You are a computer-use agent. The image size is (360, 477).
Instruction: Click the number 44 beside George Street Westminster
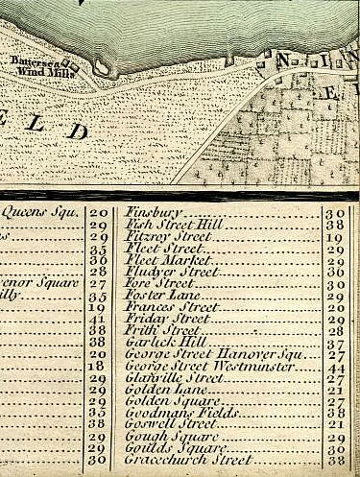(336, 368)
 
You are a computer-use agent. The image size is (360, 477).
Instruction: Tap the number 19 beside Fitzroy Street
(336, 237)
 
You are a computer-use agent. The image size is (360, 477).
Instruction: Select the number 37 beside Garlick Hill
(336, 344)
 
